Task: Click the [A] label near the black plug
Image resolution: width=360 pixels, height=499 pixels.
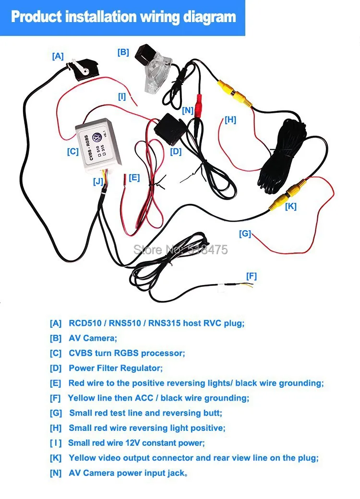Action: tap(58, 56)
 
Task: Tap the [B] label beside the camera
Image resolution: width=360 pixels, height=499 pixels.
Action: tap(123, 52)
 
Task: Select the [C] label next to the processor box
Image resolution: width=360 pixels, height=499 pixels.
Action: tap(72, 152)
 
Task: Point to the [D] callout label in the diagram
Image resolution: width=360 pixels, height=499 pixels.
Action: tap(176, 152)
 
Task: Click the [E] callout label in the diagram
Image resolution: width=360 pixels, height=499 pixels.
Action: tap(134, 178)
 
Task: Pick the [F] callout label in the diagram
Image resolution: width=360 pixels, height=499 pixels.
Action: tap(252, 276)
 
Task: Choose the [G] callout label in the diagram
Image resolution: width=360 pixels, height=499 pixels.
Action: tap(245, 234)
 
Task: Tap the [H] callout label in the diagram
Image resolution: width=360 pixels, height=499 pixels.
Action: tap(230, 120)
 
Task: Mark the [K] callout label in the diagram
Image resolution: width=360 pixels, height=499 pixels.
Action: tap(291, 206)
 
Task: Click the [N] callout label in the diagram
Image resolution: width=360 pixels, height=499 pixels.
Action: tap(188, 110)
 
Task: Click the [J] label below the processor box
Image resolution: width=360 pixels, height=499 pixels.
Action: tap(98, 181)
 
